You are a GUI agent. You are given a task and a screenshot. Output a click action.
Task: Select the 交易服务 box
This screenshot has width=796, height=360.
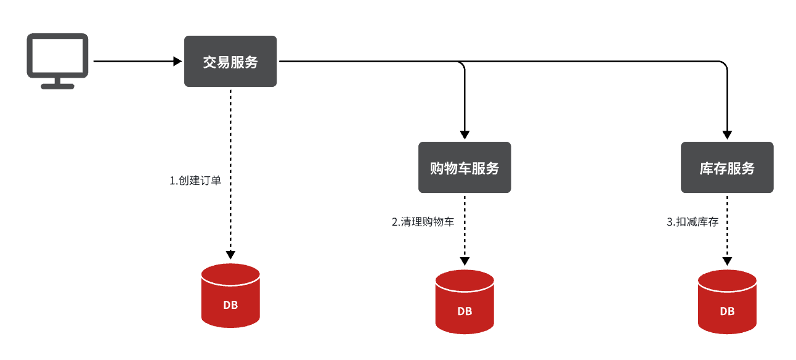pos(230,61)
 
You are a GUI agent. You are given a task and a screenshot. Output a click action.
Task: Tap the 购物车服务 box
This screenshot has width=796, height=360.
pos(465,168)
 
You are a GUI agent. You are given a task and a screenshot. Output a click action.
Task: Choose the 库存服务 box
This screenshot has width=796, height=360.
pos(727,168)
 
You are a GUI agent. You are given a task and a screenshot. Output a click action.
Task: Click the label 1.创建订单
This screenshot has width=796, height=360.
pos(195,181)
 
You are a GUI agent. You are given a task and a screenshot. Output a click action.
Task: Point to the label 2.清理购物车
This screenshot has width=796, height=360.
pos(423,222)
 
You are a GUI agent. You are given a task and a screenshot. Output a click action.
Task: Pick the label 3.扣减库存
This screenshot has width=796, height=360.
pos(692,222)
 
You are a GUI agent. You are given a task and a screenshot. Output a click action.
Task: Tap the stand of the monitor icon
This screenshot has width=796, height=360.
pos(58,83)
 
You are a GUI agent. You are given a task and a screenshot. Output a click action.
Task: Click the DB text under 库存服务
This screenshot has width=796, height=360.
pos(727,311)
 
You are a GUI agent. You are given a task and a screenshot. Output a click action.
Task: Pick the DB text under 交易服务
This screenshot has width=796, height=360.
pos(230,305)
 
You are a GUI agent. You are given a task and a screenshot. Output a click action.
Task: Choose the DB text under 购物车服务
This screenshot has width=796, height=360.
pos(465,311)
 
